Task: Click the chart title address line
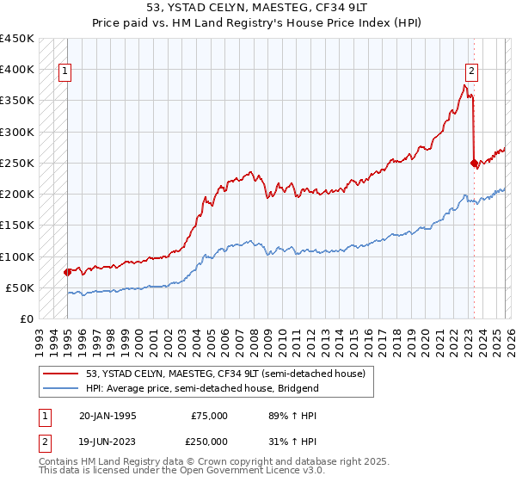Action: [258, 7]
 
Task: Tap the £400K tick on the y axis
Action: [17, 70]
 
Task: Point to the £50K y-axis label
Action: [21, 287]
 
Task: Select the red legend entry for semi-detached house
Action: [206, 373]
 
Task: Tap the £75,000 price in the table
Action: [210, 416]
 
